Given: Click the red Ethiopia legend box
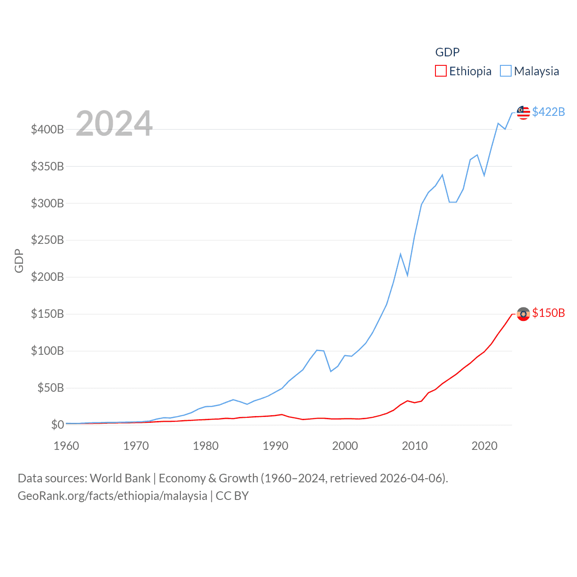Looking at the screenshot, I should (440, 71).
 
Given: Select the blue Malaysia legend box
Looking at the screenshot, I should (506, 71).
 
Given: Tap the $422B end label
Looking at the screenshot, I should (548, 112).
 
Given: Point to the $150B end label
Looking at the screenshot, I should (548, 313).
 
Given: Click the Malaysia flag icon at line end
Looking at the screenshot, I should (523, 113).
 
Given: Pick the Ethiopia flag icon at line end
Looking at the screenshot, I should (523, 314).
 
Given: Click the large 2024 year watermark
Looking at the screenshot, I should (114, 124).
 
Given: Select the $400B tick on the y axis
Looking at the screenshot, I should (47, 130).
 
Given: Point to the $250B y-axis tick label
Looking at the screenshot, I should (47, 240).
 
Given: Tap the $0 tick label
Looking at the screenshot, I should (57, 425).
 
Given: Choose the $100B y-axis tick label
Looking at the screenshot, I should (47, 351).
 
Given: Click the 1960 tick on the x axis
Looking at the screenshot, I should (66, 446).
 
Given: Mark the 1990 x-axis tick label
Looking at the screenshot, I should (275, 446).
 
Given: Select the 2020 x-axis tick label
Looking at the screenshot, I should (485, 446).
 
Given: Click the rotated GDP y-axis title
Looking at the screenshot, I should (19, 261).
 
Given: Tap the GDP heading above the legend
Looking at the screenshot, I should (447, 52).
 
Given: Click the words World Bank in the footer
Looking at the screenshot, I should (120, 478).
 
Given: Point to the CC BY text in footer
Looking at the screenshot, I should (232, 496).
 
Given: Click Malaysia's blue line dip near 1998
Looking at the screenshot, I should (331, 371).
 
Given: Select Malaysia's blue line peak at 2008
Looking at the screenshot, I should (400, 254).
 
